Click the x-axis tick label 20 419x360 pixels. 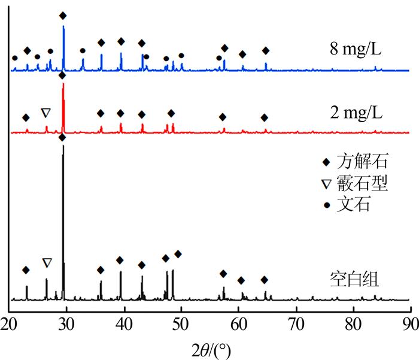click(10, 323)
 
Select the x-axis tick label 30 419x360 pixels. click(67, 323)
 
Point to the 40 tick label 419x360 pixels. click(125, 323)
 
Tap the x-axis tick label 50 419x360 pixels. click(181, 323)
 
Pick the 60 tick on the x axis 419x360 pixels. click(239, 323)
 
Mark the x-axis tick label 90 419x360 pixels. click(408, 323)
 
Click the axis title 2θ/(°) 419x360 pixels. click(208, 347)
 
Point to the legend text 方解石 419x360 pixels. click(362, 162)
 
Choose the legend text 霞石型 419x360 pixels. click(362, 184)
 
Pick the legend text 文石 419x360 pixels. click(353, 205)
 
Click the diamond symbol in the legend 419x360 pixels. click(326, 162)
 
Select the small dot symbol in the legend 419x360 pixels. click(326, 206)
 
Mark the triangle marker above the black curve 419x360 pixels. click(47, 262)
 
